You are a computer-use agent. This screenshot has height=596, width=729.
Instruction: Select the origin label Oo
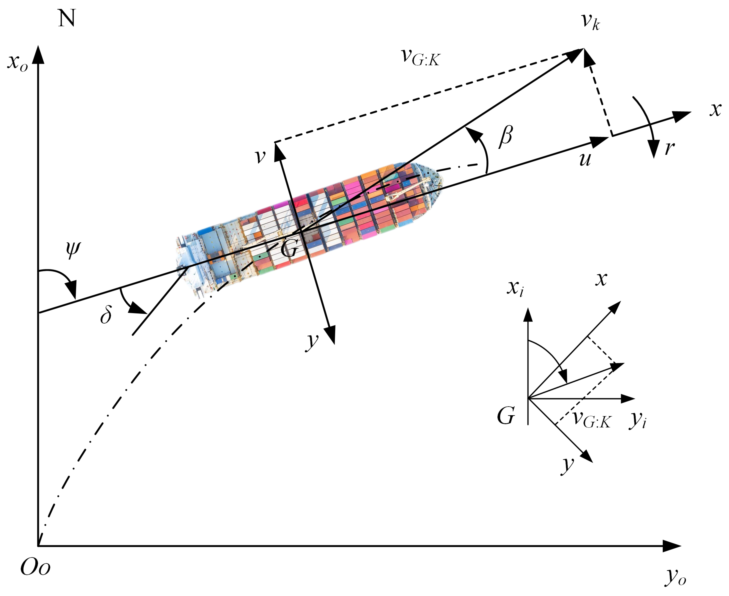click(35, 567)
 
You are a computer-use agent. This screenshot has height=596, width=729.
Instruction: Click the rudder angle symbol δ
click(106, 315)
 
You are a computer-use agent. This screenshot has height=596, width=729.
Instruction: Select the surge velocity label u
click(585, 159)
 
